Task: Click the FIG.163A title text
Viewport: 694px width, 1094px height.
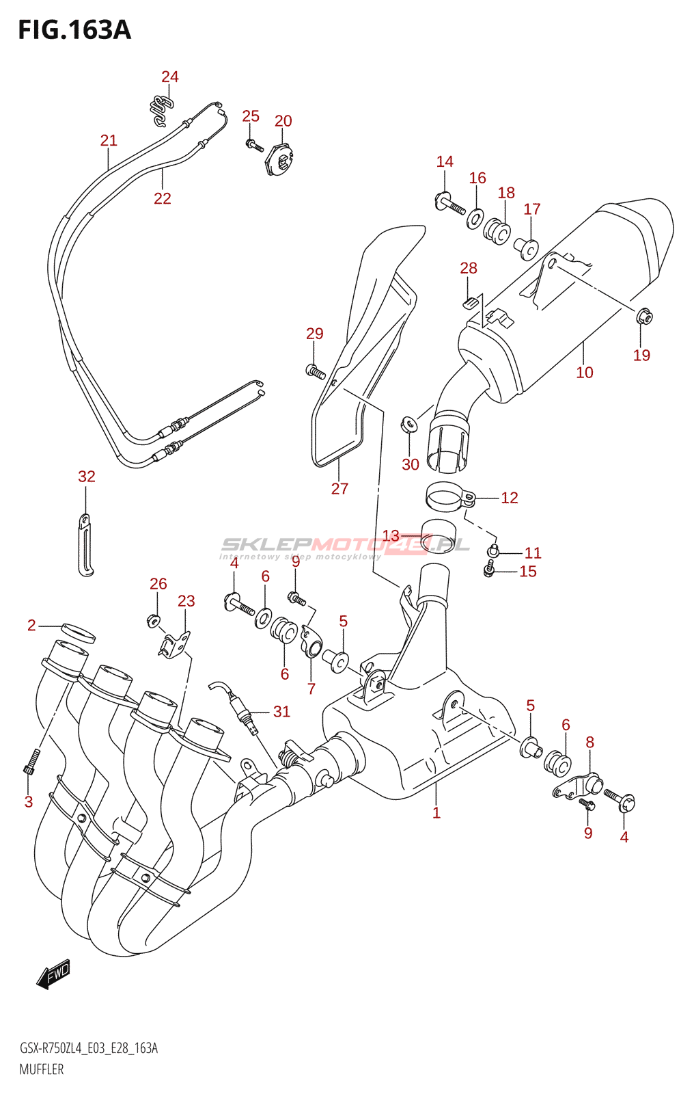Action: click(74, 30)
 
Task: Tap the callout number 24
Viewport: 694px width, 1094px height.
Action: click(170, 77)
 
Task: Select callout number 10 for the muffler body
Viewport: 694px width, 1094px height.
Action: click(584, 373)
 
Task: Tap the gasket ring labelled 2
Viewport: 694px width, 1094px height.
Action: click(78, 633)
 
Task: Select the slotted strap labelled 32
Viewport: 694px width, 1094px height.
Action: click(85, 544)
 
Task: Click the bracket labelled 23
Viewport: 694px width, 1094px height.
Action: click(174, 645)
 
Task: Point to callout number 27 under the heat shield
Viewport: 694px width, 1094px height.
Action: click(339, 488)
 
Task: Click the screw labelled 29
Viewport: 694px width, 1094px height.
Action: click(316, 372)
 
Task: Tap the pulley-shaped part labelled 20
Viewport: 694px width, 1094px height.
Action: click(279, 158)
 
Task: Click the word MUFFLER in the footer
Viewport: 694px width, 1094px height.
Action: click(42, 1069)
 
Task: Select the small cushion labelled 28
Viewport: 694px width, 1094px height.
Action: click(469, 303)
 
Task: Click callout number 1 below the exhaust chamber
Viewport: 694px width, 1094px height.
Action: click(436, 813)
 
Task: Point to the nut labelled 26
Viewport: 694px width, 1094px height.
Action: click(153, 621)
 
